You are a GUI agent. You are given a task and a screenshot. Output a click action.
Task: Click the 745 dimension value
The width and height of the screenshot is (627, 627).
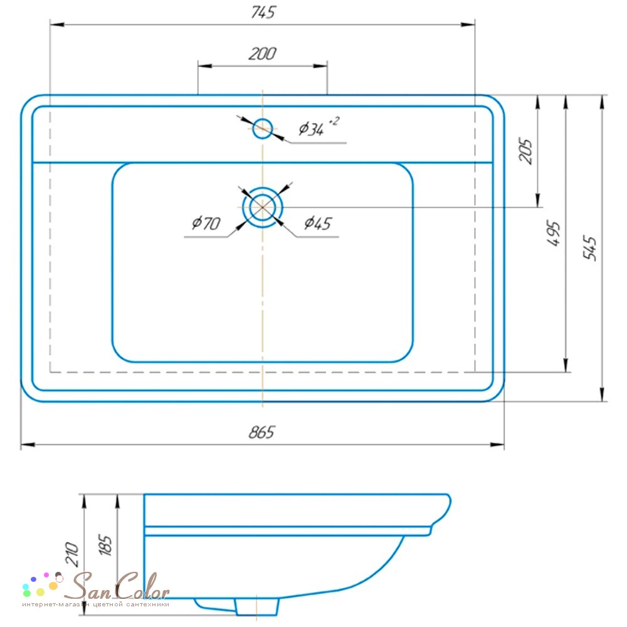click(x=263, y=13)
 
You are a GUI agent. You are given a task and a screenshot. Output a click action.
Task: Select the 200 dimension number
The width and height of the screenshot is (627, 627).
click(x=262, y=53)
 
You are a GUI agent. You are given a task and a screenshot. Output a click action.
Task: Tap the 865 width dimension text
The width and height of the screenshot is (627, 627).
click(x=262, y=432)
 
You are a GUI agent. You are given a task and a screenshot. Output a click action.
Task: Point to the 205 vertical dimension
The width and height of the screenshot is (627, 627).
click(x=525, y=151)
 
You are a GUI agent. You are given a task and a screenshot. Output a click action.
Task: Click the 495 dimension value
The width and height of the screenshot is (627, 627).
click(x=554, y=233)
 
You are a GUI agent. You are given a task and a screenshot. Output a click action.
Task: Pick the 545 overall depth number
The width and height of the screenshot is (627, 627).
click(x=590, y=248)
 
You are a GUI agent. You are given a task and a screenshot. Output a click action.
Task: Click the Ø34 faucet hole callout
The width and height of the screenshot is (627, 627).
click(x=312, y=129)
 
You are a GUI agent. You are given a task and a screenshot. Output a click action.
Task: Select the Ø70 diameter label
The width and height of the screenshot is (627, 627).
click(x=206, y=223)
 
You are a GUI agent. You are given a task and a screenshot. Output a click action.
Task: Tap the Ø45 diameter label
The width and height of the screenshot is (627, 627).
click(x=318, y=223)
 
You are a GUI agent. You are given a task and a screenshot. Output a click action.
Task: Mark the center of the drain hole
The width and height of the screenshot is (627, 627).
click(x=262, y=207)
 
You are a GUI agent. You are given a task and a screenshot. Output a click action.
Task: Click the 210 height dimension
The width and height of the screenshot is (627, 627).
click(x=72, y=554)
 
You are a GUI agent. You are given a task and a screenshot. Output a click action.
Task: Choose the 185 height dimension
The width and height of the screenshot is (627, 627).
click(x=105, y=545)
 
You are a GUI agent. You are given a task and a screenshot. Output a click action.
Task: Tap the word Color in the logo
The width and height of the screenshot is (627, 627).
click(x=142, y=586)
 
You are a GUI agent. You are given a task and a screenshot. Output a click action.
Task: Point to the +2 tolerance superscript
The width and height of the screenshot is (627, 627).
click(x=334, y=120)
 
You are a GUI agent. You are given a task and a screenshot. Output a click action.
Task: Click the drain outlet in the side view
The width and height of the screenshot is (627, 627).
click(x=257, y=606)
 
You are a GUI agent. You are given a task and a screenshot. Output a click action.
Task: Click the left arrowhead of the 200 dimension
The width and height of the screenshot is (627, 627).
click(x=205, y=66)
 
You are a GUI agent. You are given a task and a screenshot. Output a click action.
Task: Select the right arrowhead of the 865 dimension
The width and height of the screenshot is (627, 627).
click(x=497, y=445)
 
